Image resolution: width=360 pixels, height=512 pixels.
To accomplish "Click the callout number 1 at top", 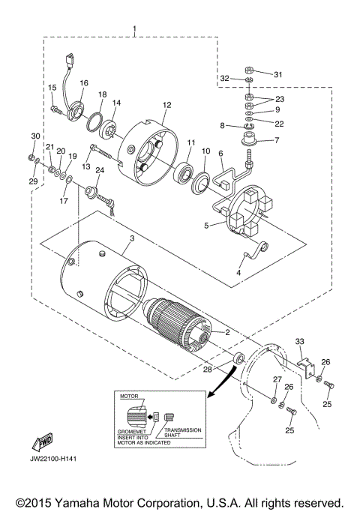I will click(x=134, y=29).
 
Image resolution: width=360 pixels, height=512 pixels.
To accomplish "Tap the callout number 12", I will click(x=166, y=105).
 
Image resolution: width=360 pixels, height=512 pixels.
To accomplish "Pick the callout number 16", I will click(x=84, y=82).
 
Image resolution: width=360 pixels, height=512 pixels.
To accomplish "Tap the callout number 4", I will click(x=238, y=274).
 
